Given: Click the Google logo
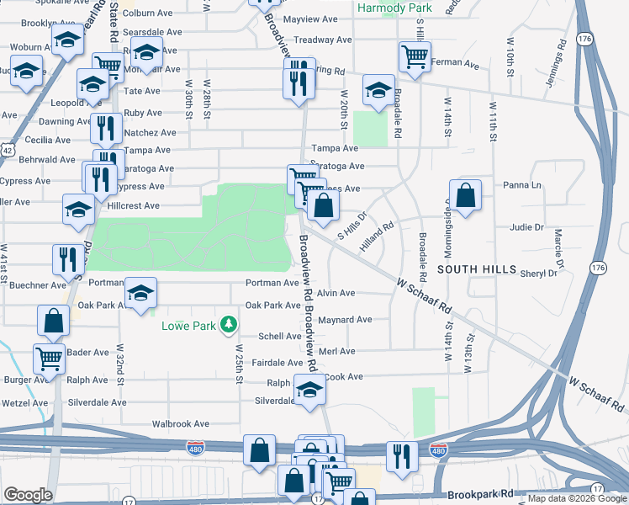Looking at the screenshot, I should tap(27, 495).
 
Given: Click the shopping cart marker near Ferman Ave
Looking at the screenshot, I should tap(415, 56).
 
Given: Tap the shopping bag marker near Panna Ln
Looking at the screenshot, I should tap(465, 195).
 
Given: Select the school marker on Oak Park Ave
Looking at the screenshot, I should tap(141, 292).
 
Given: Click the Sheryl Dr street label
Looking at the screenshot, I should tap(539, 274).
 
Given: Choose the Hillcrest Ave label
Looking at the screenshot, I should tap(134, 205).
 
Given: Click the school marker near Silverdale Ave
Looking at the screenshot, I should tap(309, 391).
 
